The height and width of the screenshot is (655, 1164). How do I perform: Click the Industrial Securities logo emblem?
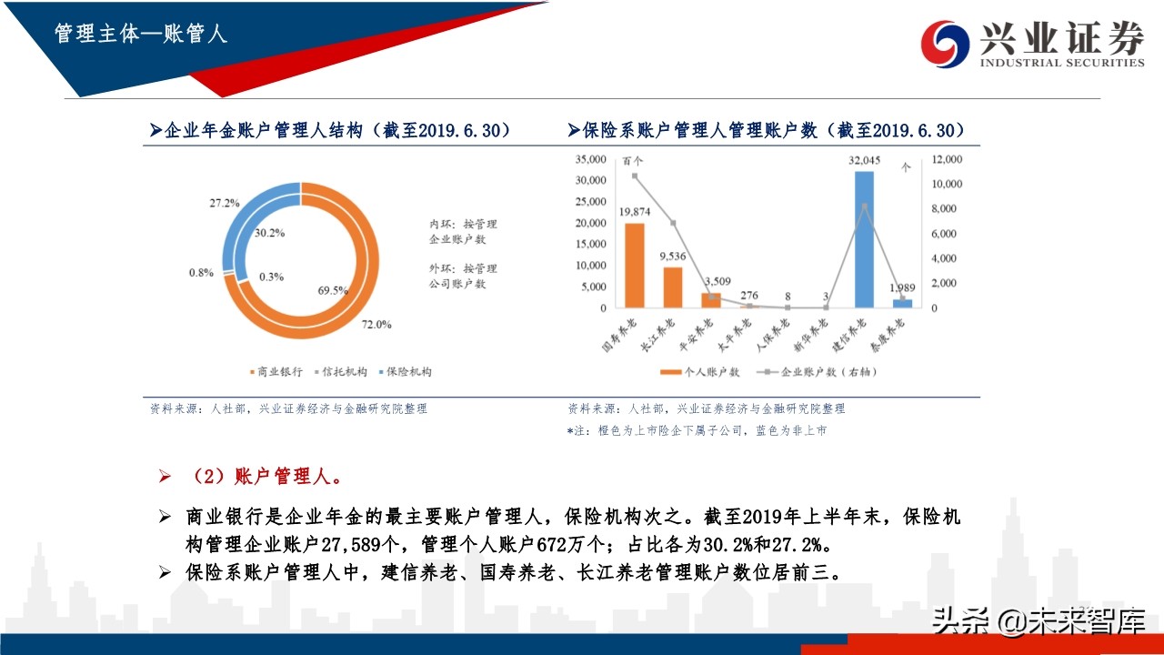pos(945,44)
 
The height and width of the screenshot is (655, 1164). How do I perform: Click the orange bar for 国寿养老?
pos(634,265)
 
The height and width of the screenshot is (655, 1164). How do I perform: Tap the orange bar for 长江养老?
pos(672,287)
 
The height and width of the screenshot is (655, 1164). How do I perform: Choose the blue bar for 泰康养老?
pos(902,303)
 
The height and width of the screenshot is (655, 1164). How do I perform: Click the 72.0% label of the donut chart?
pos(376,325)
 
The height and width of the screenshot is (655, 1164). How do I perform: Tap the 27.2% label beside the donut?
pos(224,202)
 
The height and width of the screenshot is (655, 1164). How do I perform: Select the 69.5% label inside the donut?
pos(334,290)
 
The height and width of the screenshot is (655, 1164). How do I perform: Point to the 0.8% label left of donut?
pos(202,272)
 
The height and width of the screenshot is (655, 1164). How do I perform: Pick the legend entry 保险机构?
pos(404,372)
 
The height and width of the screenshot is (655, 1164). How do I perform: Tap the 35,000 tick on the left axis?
pos(591,159)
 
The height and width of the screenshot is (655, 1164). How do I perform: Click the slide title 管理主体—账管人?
pos(141,35)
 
